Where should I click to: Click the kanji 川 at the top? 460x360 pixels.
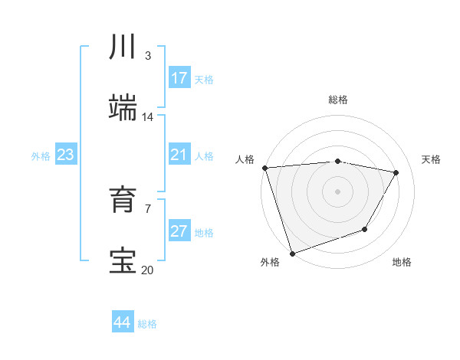click(x=123, y=47)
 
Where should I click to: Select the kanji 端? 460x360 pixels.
click(x=123, y=108)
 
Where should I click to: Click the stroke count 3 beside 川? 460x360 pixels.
click(x=147, y=56)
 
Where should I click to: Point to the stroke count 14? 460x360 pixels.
click(x=147, y=117)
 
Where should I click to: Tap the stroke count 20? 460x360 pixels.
click(x=147, y=270)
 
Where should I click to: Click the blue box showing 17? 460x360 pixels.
click(x=179, y=78)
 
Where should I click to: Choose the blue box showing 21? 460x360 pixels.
click(x=179, y=155)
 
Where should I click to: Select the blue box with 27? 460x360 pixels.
click(x=179, y=231)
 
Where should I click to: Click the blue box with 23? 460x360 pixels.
click(x=66, y=155)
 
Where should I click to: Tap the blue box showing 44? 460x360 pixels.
click(x=123, y=322)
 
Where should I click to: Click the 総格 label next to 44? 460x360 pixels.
click(x=147, y=324)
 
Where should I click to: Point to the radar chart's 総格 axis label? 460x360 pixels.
click(x=338, y=100)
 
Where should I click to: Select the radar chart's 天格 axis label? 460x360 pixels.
click(x=432, y=159)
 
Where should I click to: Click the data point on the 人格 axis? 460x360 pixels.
click(x=264, y=168)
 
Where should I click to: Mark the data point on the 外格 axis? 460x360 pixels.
click(x=292, y=253)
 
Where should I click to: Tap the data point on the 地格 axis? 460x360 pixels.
click(x=365, y=229)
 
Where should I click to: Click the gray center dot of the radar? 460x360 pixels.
click(x=337, y=191)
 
